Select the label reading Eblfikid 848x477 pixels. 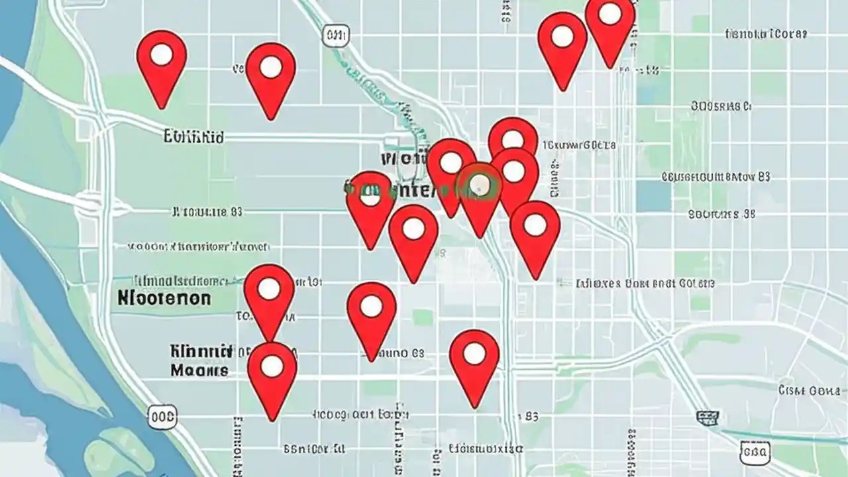(193, 137)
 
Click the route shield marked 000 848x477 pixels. (162, 417)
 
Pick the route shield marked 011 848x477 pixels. (336, 35)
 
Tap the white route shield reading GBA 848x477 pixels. (754, 452)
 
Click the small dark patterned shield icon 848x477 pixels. (707, 417)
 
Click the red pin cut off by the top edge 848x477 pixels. (610, 20)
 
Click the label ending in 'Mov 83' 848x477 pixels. (716, 177)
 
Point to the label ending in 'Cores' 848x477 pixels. (767, 34)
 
